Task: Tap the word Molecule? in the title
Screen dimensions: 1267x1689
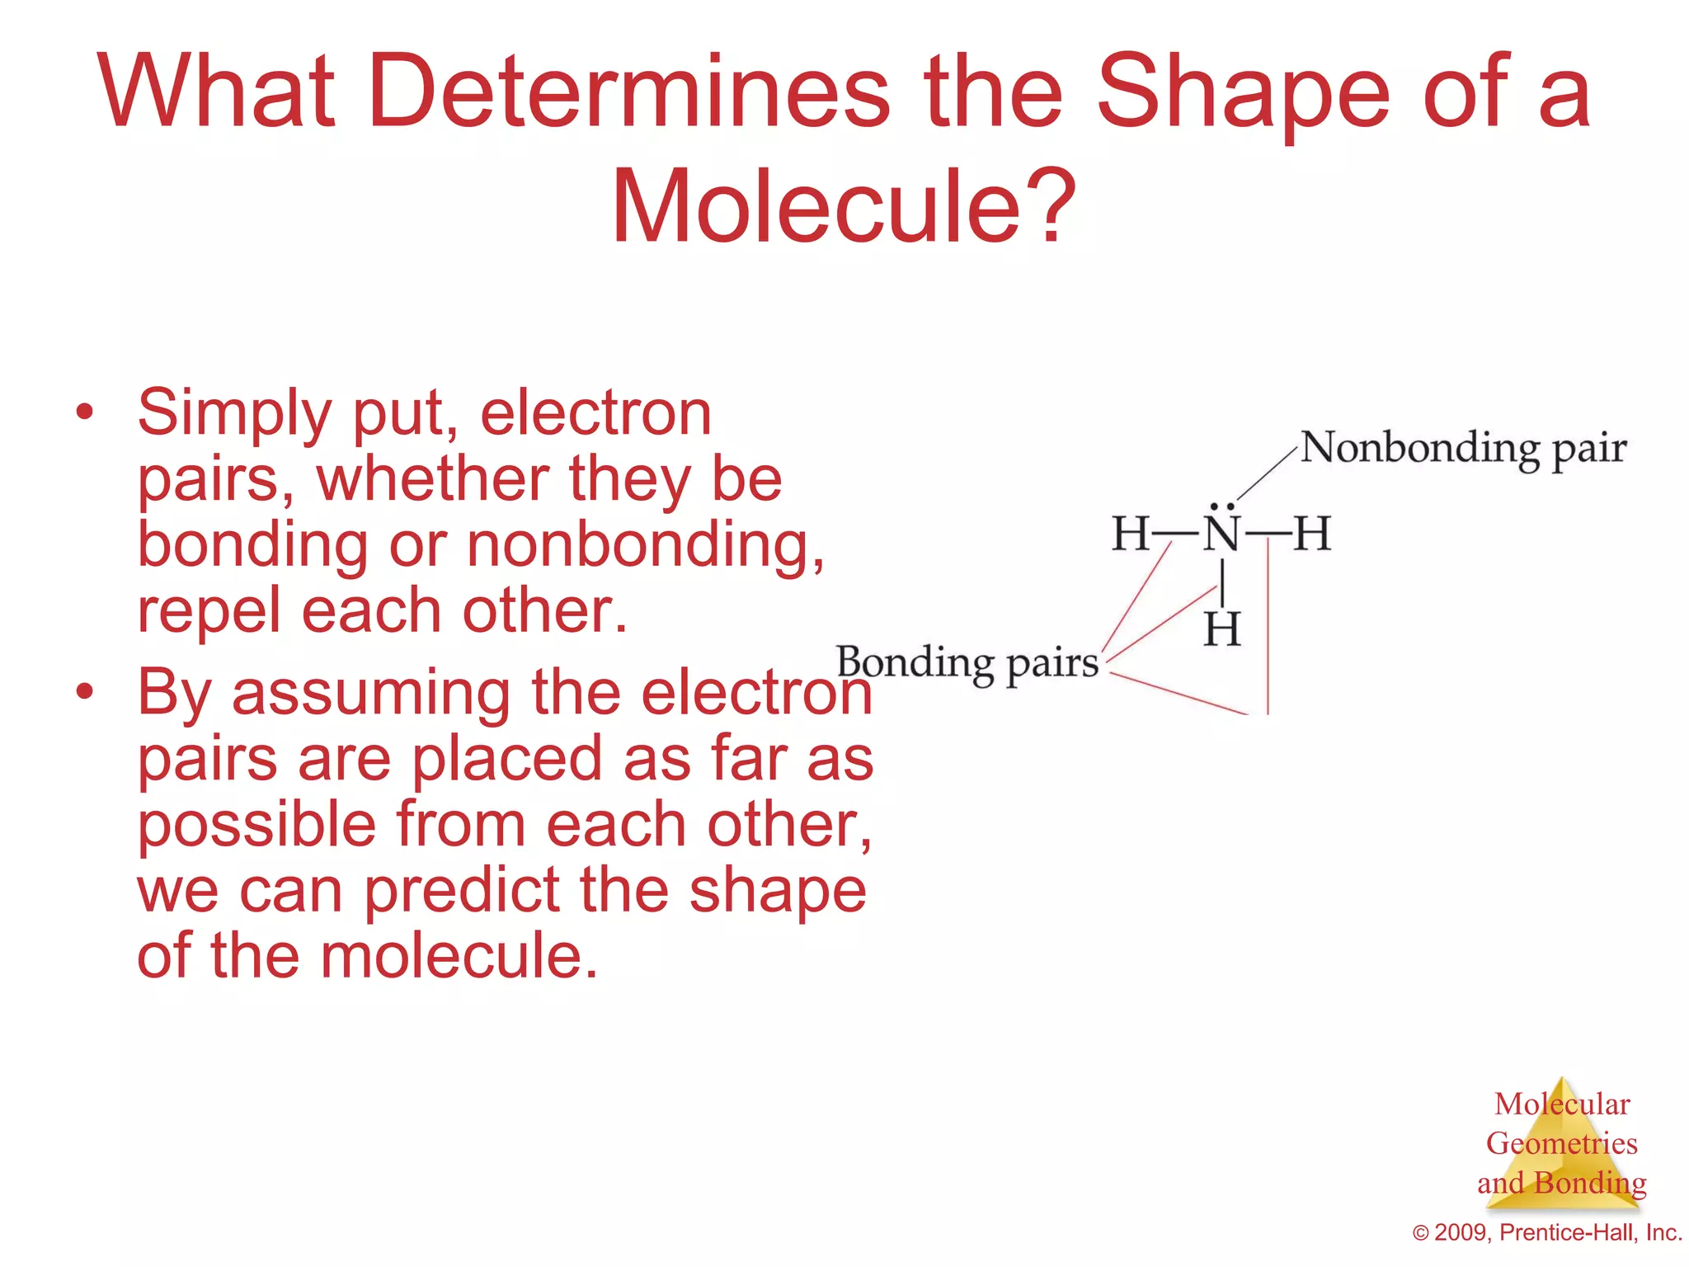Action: coord(843,206)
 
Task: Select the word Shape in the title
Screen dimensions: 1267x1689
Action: coord(1242,92)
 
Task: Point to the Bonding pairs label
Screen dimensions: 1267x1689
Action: coord(967,663)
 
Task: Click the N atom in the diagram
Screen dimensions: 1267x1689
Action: coord(1221,534)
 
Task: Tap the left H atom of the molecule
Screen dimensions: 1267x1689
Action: coord(1131,534)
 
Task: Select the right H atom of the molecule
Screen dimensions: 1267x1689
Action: coord(1311,534)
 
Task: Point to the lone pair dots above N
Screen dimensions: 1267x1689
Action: coord(1221,506)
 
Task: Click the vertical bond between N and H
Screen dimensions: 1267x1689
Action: coord(1221,582)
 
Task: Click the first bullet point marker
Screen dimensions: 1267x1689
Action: coord(84,412)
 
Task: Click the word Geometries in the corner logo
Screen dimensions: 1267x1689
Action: coord(1561,1144)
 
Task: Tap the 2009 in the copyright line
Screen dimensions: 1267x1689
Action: coord(1461,1233)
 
